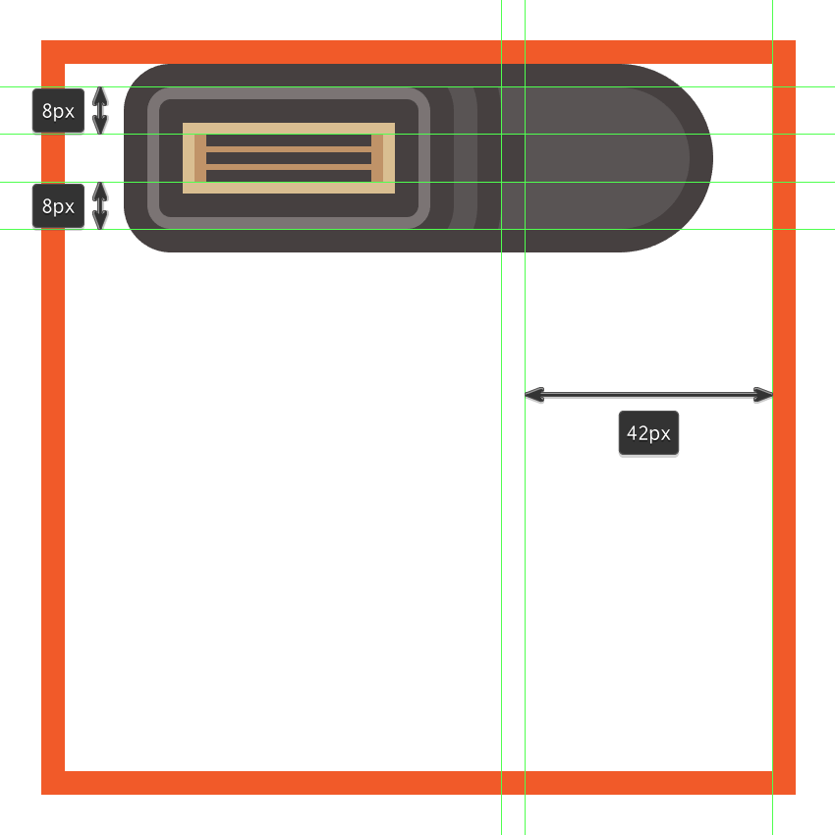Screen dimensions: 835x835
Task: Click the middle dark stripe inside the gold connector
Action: point(289,158)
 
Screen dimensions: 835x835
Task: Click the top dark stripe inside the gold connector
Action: point(289,140)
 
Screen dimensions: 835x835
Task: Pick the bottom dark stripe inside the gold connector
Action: point(289,176)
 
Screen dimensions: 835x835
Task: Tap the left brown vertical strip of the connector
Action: point(200,158)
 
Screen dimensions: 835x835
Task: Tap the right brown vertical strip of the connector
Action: point(377,158)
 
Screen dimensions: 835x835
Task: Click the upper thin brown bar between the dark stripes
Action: point(289,149)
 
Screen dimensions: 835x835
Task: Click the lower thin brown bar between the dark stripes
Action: point(289,167)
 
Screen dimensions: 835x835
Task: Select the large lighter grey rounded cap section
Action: point(595,158)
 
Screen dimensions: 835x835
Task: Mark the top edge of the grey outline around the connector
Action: point(289,93)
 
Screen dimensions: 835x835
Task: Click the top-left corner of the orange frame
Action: point(41,40)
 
